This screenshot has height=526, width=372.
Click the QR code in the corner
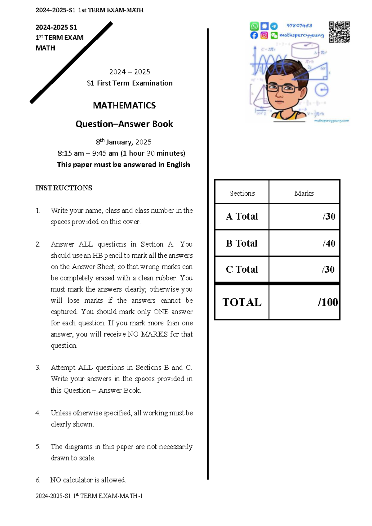point(339,32)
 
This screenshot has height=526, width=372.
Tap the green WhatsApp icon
point(254,26)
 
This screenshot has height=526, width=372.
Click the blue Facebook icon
point(254,35)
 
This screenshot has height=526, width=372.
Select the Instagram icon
point(264,35)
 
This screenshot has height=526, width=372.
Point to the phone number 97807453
point(299,25)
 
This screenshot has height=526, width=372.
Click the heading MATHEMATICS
point(124,105)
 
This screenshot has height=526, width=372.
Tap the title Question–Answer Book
point(124,124)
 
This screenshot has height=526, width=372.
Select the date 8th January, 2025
point(123,142)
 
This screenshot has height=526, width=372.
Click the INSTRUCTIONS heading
point(64,188)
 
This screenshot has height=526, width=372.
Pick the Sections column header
point(242,193)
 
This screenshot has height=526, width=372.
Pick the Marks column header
point(304,193)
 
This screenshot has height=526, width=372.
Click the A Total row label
point(242,216)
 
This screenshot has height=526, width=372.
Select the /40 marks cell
point(329,243)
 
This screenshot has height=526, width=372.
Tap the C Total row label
point(242,269)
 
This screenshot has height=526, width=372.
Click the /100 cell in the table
point(327,302)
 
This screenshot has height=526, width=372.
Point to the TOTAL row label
point(242,302)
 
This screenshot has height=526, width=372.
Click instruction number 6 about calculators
point(88,480)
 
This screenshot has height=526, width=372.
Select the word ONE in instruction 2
point(161,312)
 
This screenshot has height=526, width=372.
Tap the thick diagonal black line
point(71,62)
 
